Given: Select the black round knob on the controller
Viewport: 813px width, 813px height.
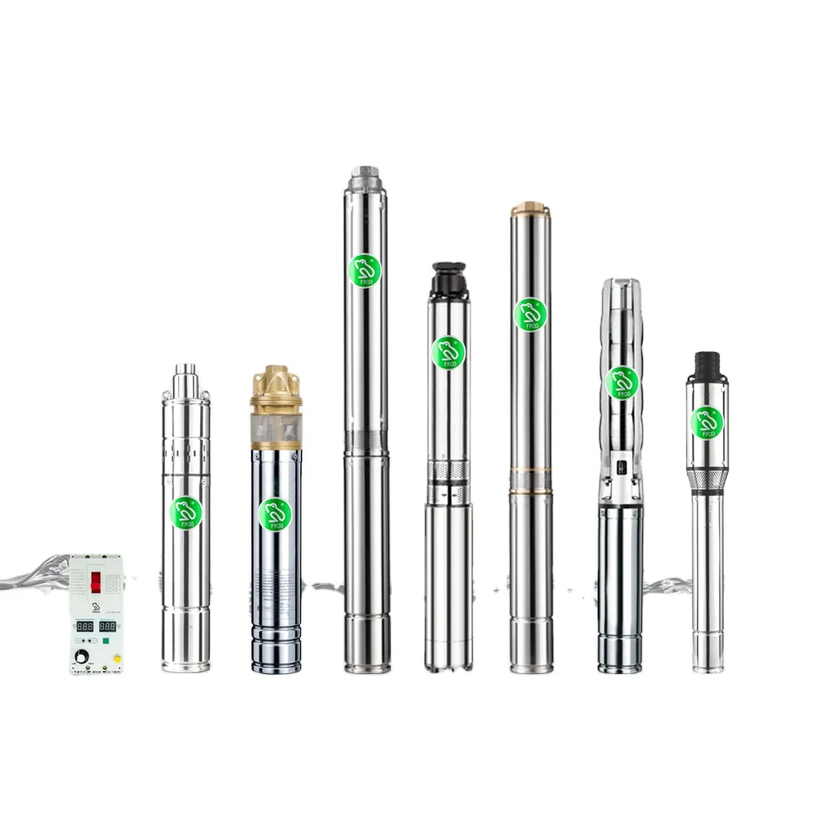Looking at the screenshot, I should click(81, 656).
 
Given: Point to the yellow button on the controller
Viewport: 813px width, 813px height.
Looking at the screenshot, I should click(116, 658).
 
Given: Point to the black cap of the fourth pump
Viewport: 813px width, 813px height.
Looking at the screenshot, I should click(446, 278).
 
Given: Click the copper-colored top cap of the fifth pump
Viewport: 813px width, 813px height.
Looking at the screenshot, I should click(530, 209).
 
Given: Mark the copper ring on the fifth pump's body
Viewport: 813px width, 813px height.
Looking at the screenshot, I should click(530, 489).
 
